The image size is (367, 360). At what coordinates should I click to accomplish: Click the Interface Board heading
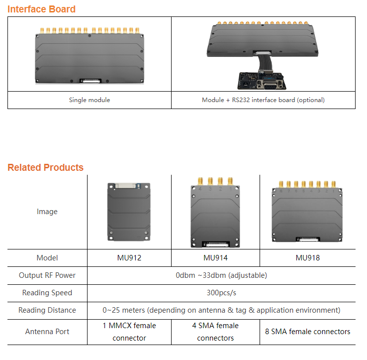(41, 9)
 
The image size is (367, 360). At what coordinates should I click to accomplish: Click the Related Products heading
(45, 167)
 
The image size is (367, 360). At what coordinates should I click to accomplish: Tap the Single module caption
(90, 100)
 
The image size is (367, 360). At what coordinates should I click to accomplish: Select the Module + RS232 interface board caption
(263, 100)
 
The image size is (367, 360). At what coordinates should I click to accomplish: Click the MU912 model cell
(129, 258)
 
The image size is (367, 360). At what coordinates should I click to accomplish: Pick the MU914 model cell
(215, 258)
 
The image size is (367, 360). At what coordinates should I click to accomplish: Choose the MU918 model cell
(307, 258)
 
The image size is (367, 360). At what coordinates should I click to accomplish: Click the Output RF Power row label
(47, 275)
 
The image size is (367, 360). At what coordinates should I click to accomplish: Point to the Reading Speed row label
(47, 293)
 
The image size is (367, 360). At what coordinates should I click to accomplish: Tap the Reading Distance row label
(47, 310)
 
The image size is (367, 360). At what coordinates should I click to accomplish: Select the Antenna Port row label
(47, 332)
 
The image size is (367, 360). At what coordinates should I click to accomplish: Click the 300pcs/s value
(221, 293)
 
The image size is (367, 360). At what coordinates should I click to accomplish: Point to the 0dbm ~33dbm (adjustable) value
(221, 275)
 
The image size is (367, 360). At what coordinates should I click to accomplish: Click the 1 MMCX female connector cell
(129, 332)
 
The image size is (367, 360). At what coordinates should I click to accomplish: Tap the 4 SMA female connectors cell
(215, 332)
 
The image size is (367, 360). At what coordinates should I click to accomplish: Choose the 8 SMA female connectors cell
(307, 332)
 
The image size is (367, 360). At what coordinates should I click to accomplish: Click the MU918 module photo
(307, 214)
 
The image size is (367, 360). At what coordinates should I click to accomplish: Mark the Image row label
(47, 212)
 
